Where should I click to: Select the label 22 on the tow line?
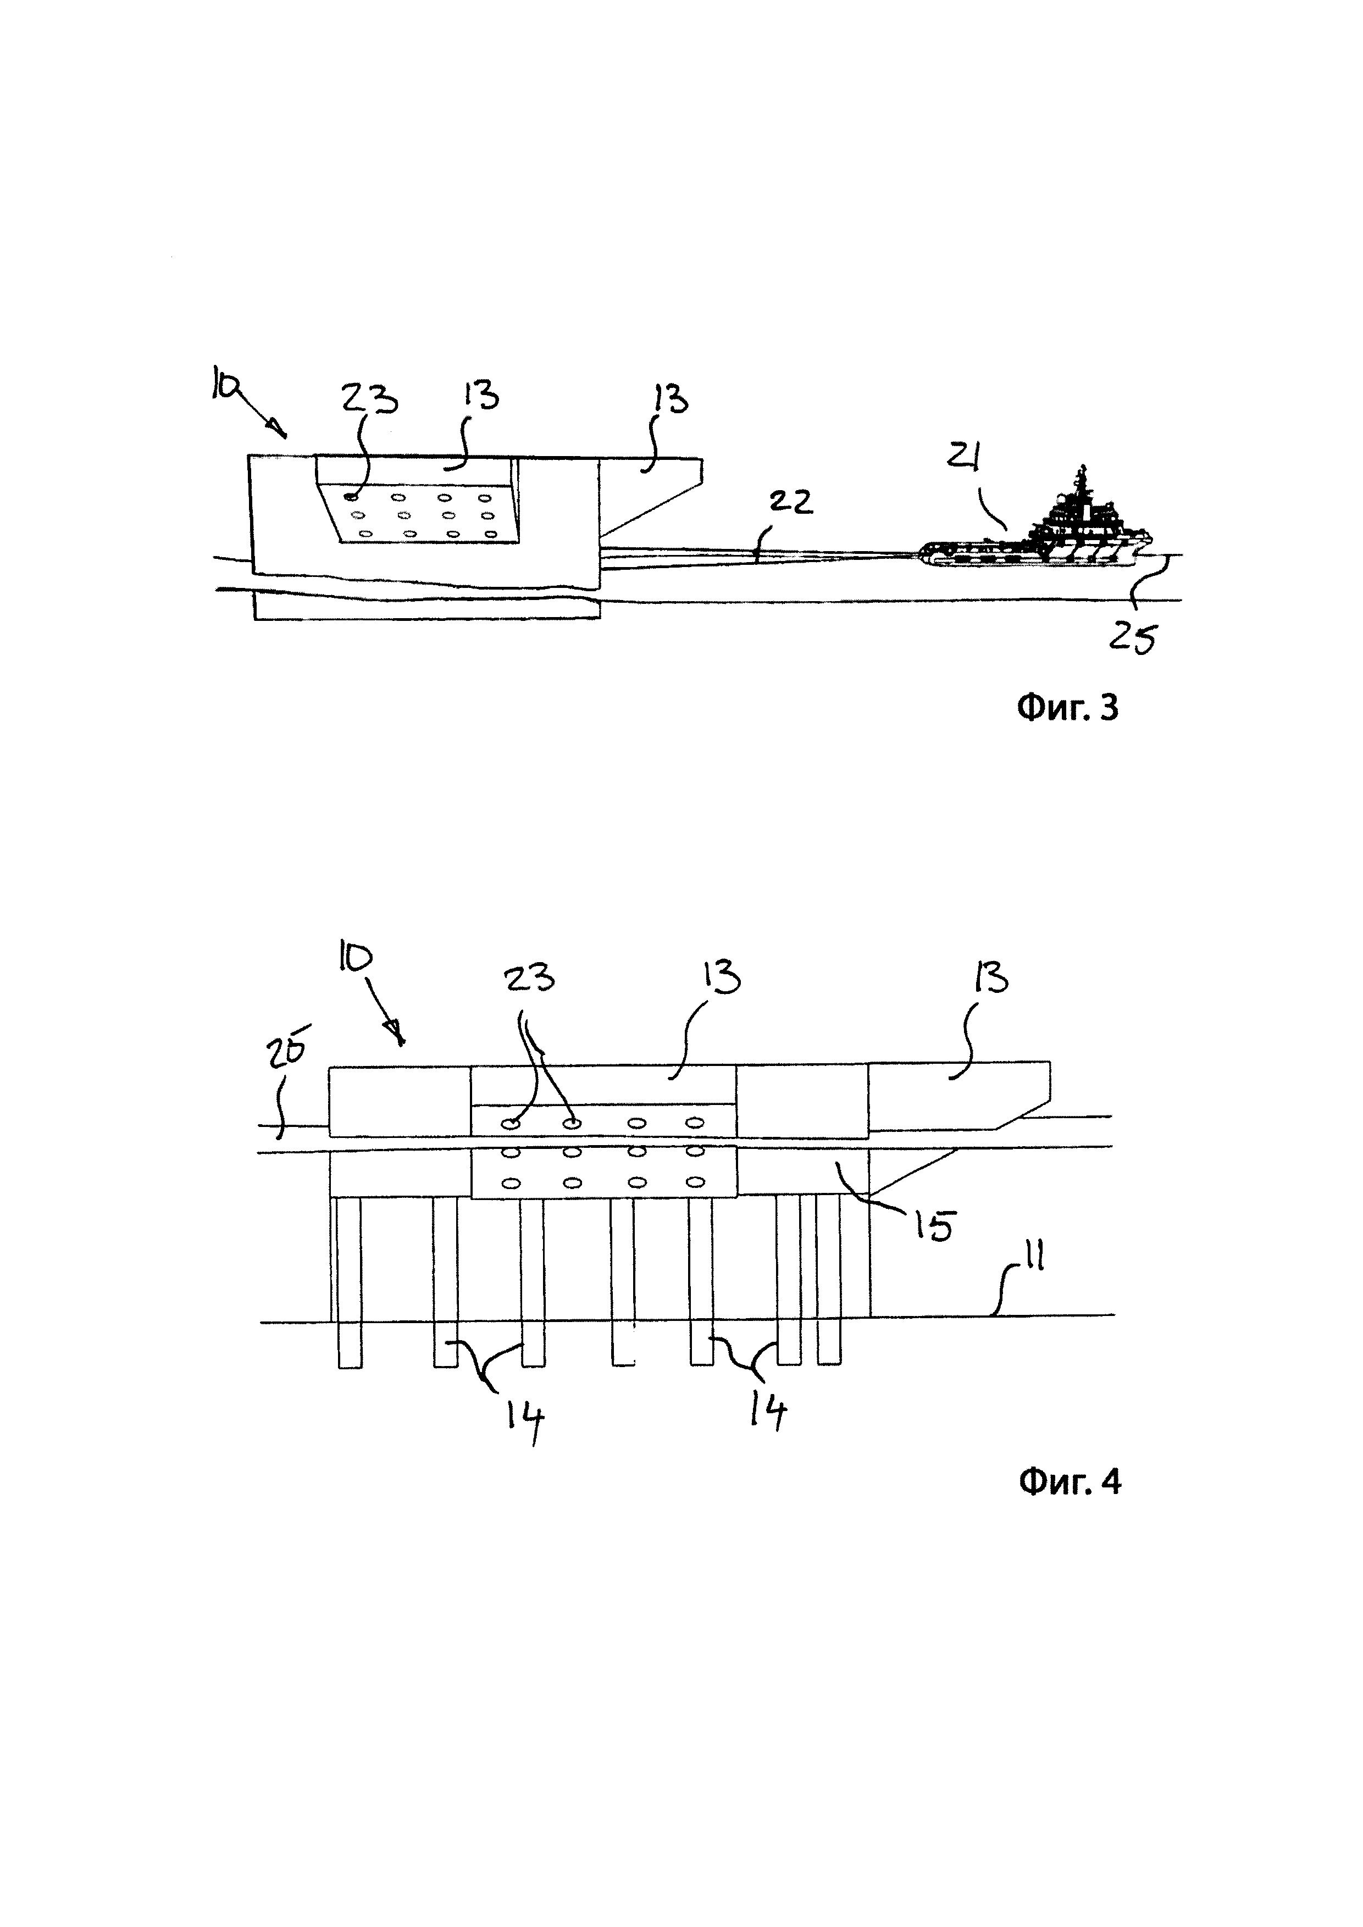click(x=791, y=502)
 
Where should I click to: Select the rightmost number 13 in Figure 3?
click(x=670, y=401)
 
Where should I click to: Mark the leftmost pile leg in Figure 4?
click(x=349, y=1281)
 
